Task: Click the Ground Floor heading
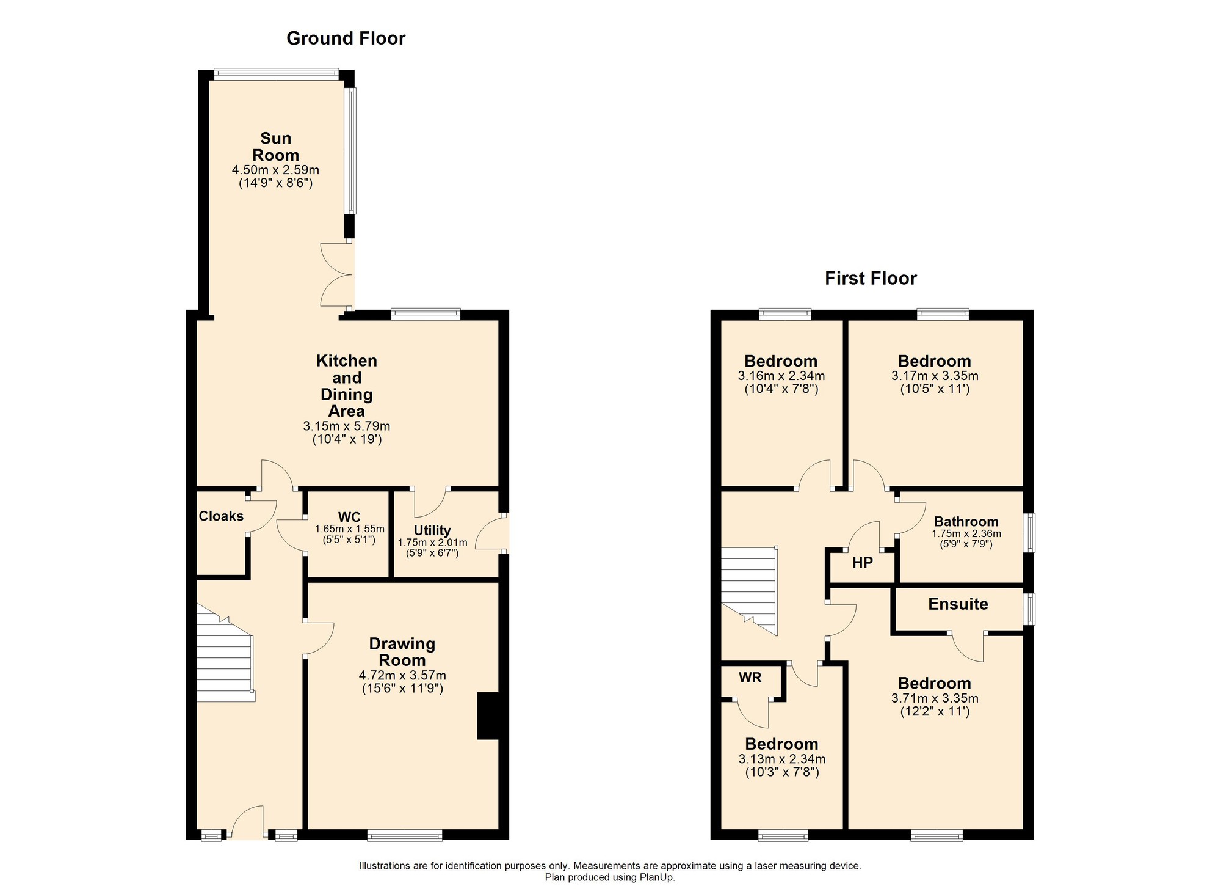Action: pyautogui.click(x=346, y=38)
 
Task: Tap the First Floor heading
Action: pyautogui.click(x=871, y=279)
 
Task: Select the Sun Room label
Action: pyautogui.click(x=276, y=147)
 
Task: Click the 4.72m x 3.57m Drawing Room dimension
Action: pyautogui.click(x=402, y=676)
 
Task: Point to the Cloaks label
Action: pyautogui.click(x=221, y=516)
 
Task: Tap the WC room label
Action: pyautogui.click(x=349, y=517)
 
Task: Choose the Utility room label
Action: pyautogui.click(x=432, y=530)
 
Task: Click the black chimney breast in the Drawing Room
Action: pyautogui.click(x=488, y=716)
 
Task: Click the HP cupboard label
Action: pyautogui.click(x=863, y=563)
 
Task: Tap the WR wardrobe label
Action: pyautogui.click(x=750, y=678)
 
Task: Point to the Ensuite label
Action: pyautogui.click(x=958, y=604)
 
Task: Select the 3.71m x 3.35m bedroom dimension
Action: pyautogui.click(x=935, y=698)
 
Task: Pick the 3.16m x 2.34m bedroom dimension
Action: pyautogui.click(x=781, y=376)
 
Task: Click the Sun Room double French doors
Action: pyautogui.click(x=337, y=275)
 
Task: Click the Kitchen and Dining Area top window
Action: pyautogui.click(x=426, y=314)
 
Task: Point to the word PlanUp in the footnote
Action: pyautogui.click(x=656, y=877)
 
